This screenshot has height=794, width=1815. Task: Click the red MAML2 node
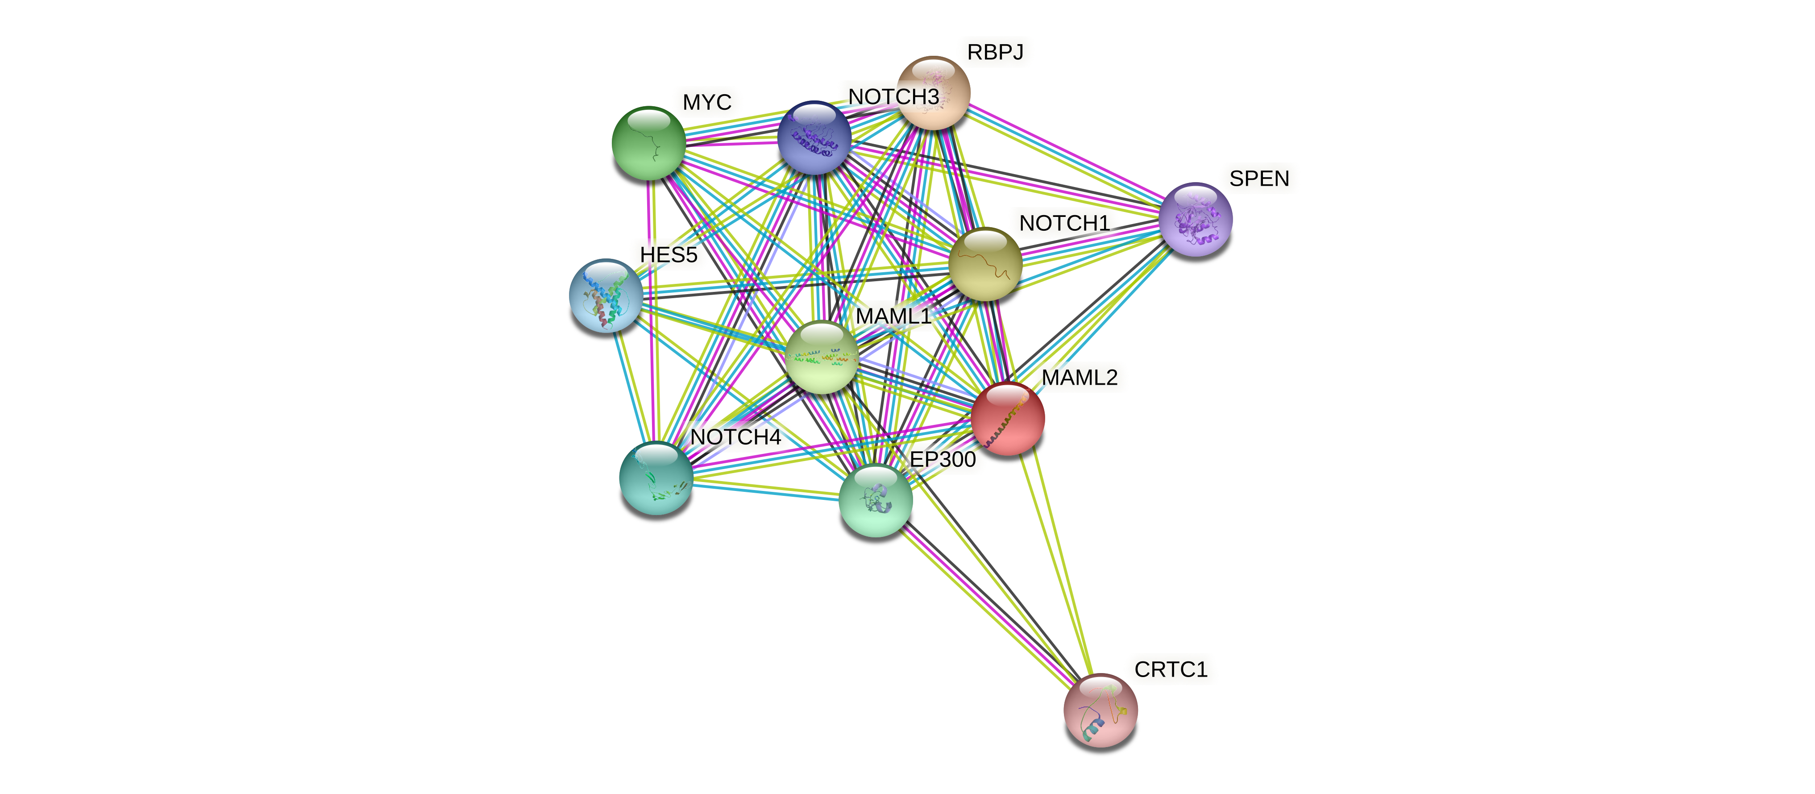click(1008, 419)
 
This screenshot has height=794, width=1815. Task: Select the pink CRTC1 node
click(1100, 710)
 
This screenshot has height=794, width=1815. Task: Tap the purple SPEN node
click(1196, 219)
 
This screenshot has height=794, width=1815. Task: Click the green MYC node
click(648, 143)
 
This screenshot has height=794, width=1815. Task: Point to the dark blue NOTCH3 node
click(814, 138)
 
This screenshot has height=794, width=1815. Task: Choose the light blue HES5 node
click(605, 295)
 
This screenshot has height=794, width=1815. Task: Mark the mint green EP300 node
click(875, 500)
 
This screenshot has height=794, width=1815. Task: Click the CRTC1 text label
click(1170, 669)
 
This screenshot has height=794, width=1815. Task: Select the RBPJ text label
click(994, 52)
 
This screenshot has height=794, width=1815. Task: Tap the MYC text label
click(707, 102)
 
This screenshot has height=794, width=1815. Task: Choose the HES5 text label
click(668, 254)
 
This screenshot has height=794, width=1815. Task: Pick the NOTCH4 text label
click(735, 437)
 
